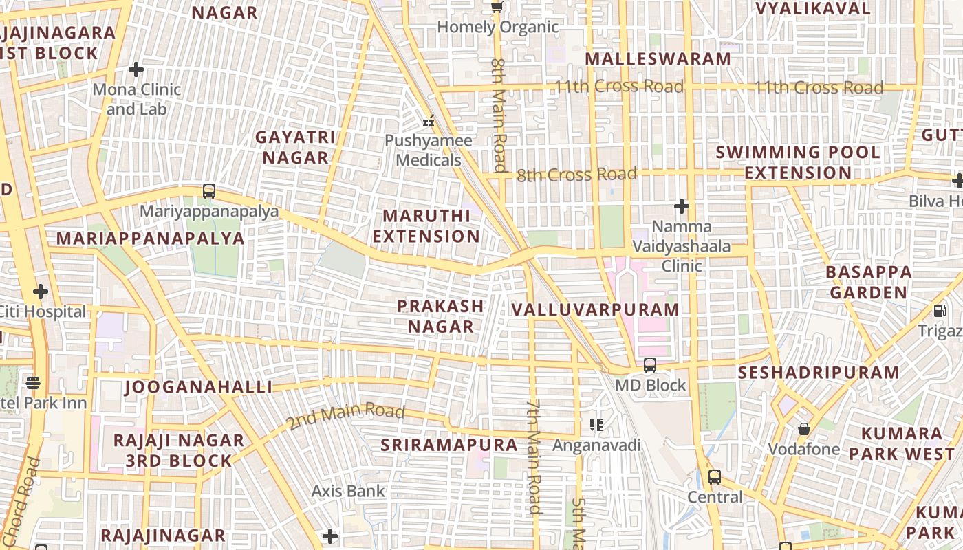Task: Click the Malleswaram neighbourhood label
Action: (x=658, y=59)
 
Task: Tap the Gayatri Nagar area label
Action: (x=295, y=147)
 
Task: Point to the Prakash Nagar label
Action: (x=441, y=316)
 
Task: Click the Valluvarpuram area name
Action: (x=596, y=310)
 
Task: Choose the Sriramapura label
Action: (x=449, y=445)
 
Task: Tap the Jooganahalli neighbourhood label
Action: (x=198, y=387)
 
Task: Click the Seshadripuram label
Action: (x=818, y=373)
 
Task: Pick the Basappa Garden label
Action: (x=869, y=282)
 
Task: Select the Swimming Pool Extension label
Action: (x=798, y=162)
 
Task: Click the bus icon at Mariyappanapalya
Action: (x=209, y=191)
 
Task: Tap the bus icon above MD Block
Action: (x=649, y=365)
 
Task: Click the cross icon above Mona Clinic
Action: (x=136, y=69)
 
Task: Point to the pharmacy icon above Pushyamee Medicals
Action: (x=429, y=121)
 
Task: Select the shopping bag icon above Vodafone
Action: (x=803, y=430)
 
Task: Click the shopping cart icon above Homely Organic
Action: (x=497, y=8)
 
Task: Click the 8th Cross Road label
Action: (x=576, y=175)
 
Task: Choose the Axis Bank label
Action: (x=348, y=492)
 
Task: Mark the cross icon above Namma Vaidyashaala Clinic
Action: (x=681, y=206)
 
